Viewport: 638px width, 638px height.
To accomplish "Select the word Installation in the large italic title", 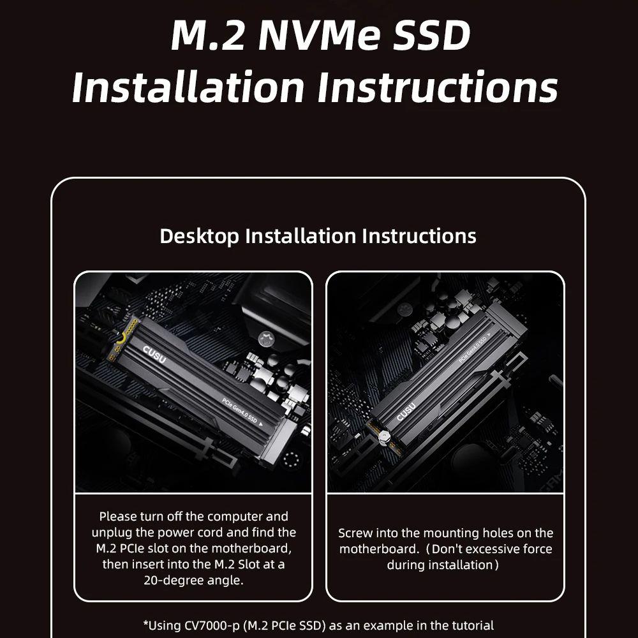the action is pyautogui.click(x=188, y=87).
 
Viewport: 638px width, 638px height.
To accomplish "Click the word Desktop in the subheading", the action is pyautogui.click(x=199, y=237).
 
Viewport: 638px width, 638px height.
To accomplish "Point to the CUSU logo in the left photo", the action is pyautogui.click(x=154, y=354).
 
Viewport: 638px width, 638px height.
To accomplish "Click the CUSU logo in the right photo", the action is pyautogui.click(x=406, y=412).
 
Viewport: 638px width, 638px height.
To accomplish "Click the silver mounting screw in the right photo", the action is pyautogui.click(x=383, y=438).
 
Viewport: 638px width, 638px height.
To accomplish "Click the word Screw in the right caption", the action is pyautogui.click(x=355, y=533).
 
